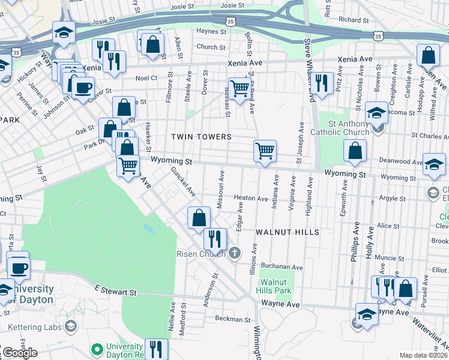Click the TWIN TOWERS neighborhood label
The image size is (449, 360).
click(x=201, y=137)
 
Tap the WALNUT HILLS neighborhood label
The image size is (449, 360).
click(x=286, y=232)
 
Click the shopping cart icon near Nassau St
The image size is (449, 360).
click(x=240, y=88)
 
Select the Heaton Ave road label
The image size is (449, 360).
click(x=250, y=198)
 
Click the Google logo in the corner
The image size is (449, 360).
click(x=19, y=353)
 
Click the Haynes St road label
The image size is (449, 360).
click(x=210, y=31)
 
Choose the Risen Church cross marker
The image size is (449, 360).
click(x=235, y=253)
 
